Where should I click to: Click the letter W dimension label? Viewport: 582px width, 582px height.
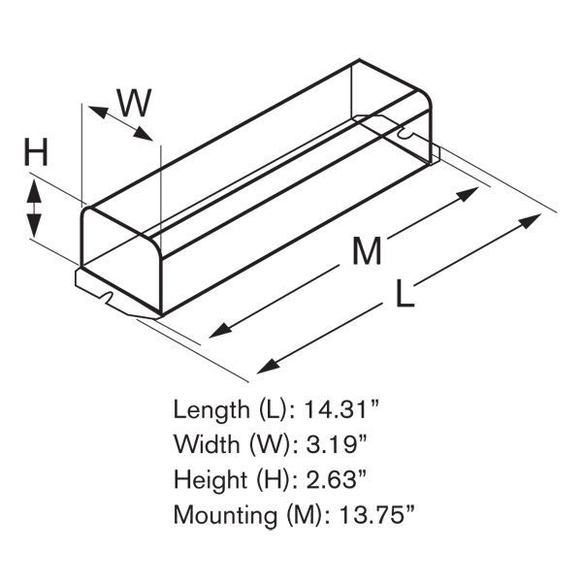point(135,103)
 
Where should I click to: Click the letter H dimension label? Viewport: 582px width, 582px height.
point(36,152)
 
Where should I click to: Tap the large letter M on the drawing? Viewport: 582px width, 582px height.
point(367,250)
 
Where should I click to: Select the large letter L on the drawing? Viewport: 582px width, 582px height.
point(404,293)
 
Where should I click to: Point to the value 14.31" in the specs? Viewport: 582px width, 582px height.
point(341,409)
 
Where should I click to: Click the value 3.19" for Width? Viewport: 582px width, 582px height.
point(337,443)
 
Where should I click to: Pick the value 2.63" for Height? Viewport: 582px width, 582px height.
point(337,479)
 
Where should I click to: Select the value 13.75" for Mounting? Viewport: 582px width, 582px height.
point(376,514)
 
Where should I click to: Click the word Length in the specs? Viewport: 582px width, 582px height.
point(211,409)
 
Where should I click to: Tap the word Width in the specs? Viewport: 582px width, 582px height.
point(207,444)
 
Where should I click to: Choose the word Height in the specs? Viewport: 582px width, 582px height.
point(210,479)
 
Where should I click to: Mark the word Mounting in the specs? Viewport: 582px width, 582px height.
point(225,515)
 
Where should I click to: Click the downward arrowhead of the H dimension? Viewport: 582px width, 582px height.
point(34,226)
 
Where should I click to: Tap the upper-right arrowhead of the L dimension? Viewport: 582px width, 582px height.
point(530,221)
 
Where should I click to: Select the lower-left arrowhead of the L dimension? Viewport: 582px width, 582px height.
point(269,366)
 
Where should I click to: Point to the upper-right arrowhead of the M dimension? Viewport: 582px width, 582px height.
point(467,194)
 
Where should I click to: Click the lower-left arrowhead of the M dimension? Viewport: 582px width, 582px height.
point(221,331)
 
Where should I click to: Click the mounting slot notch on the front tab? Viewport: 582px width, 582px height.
point(108,297)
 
